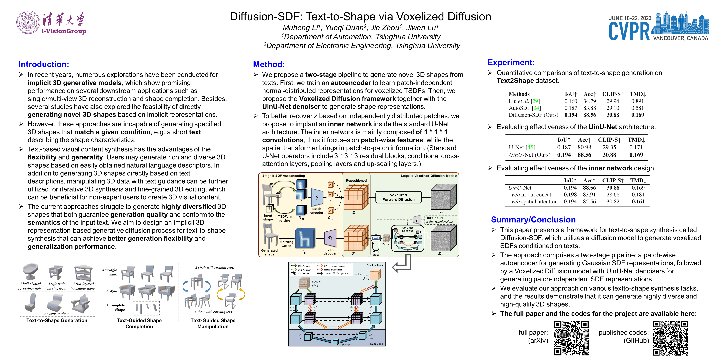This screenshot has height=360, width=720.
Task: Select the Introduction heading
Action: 44,64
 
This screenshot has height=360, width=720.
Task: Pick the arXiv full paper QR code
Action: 571,338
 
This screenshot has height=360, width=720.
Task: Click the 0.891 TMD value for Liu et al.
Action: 637,101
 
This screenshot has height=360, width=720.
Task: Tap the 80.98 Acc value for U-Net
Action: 584,147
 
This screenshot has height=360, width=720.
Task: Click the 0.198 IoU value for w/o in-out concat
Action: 570,195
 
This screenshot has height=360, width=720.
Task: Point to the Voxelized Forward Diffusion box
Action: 398,197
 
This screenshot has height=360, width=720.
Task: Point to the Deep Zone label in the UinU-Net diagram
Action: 376,344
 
